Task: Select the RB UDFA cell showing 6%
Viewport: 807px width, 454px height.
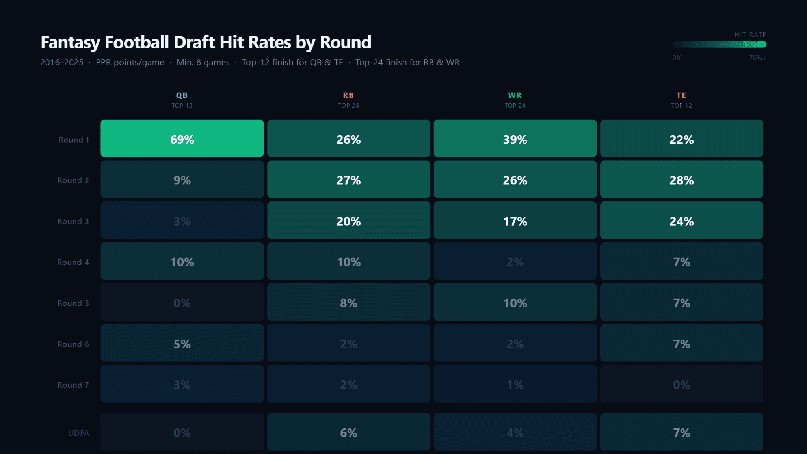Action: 348,432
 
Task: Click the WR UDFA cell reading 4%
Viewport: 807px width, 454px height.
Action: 515,432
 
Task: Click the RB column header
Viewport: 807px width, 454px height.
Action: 348,95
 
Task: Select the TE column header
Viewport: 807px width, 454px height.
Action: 681,95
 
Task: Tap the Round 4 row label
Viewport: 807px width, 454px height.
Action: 73,262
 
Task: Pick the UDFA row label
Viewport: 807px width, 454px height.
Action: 78,433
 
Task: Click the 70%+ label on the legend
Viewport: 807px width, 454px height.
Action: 757,58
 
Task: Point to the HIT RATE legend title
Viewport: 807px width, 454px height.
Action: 750,35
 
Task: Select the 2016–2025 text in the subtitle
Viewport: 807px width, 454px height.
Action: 62,62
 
